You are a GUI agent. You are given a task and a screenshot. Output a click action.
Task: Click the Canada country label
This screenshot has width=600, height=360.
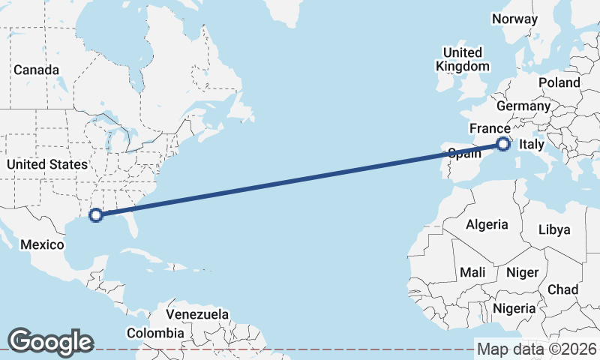[36, 70]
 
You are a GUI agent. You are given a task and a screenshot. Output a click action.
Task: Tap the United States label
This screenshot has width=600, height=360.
[46, 164]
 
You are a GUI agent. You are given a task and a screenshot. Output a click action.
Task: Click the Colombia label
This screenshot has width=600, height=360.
[155, 332]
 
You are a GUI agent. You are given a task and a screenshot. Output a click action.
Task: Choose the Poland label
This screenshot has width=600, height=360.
[559, 82]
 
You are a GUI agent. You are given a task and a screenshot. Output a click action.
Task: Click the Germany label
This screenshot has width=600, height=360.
[523, 106]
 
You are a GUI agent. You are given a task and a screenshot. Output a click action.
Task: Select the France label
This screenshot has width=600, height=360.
[490, 128]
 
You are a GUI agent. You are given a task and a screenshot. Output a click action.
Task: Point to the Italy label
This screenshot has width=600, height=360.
[532, 145]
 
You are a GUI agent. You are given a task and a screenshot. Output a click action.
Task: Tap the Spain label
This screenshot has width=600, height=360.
[464, 154]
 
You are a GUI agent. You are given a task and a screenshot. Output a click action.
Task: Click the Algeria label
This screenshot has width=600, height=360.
[487, 224]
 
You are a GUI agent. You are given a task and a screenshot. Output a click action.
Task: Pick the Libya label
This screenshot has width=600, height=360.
[554, 229]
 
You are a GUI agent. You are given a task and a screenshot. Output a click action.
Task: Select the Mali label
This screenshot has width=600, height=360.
[472, 272]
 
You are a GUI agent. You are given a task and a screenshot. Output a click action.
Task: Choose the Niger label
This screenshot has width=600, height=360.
[522, 272]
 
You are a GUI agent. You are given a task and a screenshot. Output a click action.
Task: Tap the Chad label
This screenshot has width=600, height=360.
[563, 289]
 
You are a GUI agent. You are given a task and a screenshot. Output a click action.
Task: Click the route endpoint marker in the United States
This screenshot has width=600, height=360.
[95, 215]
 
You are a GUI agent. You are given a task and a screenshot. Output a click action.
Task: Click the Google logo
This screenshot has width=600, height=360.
[50, 341]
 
